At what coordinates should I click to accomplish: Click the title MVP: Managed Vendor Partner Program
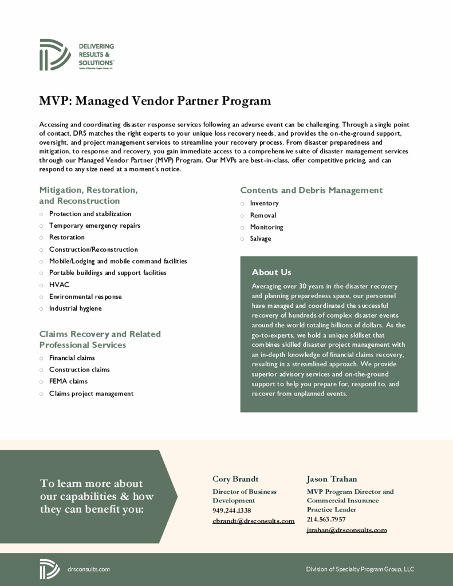(x=155, y=101)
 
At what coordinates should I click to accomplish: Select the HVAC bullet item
(x=59, y=284)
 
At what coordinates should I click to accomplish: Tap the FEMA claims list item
(x=68, y=381)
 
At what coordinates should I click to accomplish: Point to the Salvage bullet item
(x=261, y=239)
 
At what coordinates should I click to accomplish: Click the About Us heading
(x=271, y=272)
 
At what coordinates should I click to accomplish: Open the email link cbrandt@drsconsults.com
(x=253, y=521)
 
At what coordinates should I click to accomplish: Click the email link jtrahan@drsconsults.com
(x=346, y=530)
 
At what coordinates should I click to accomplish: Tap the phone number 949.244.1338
(x=232, y=510)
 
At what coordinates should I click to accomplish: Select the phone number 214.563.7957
(x=326, y=520)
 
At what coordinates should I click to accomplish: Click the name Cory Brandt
(x=235, y=479)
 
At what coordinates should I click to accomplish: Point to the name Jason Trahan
(x=332, y=479)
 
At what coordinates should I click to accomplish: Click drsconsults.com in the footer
(x=88, y=569)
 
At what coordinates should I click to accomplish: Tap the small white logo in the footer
(x=49, y=569)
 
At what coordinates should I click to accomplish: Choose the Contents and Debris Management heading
(x=311, y=190)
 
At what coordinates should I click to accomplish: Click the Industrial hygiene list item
(x=75, y=308)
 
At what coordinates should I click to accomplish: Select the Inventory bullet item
(x=264, y=203)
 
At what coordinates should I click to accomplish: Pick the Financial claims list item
(x=72, y=358)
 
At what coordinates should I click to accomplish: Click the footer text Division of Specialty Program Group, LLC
(x=360, y=569)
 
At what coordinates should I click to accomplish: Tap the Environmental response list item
(x=85, y=296)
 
